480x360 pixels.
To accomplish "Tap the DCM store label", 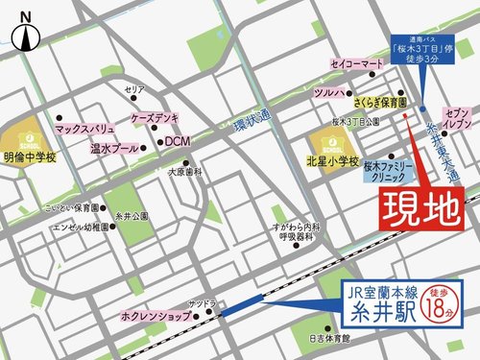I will pos(178,141).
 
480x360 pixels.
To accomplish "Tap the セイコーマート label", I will pos(357,63).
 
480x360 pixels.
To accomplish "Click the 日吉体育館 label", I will pos(329,339).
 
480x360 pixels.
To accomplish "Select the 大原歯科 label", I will pos(184,173).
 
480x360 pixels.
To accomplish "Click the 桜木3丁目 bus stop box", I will pos(419,49).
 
